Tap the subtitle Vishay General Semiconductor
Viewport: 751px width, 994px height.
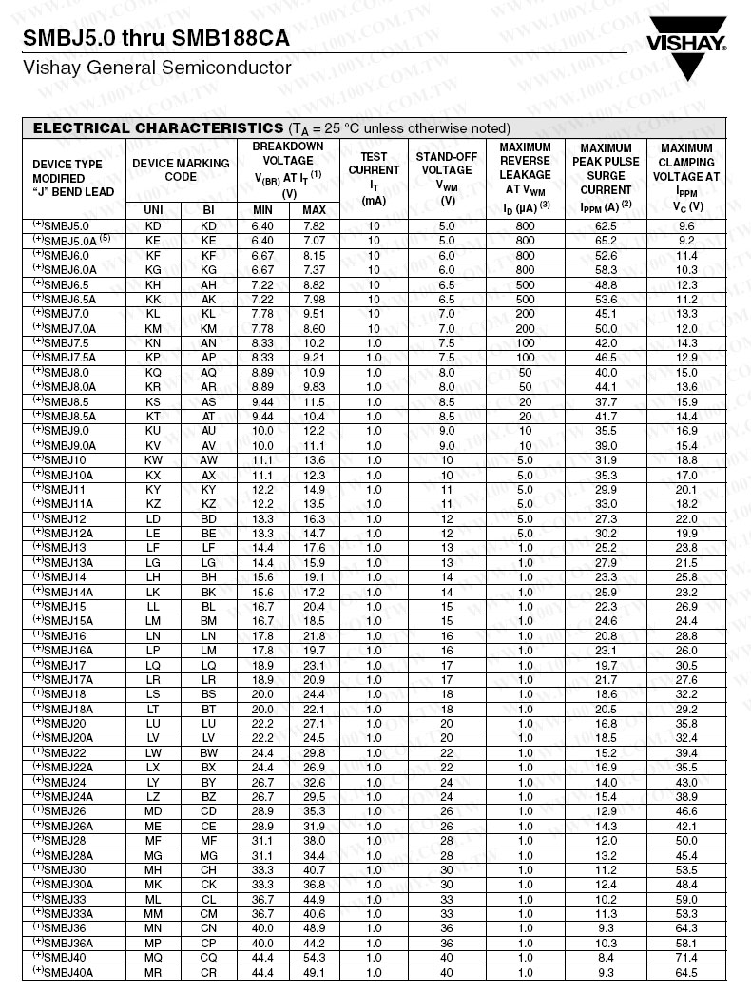157,68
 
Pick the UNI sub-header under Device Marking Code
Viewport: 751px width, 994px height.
153,210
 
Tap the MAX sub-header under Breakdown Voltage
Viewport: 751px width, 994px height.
314,210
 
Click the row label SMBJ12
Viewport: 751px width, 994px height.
66,518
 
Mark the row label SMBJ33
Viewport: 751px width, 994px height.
66,899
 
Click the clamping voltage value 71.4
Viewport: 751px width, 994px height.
686,957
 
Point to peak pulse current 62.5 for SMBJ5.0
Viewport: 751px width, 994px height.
606,226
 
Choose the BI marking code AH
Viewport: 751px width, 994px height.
209,284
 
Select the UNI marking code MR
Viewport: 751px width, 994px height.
153,972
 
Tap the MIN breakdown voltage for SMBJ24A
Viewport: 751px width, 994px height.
262,796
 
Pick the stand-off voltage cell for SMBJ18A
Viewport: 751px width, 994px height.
446,709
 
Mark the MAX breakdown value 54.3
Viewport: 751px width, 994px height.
314,957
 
